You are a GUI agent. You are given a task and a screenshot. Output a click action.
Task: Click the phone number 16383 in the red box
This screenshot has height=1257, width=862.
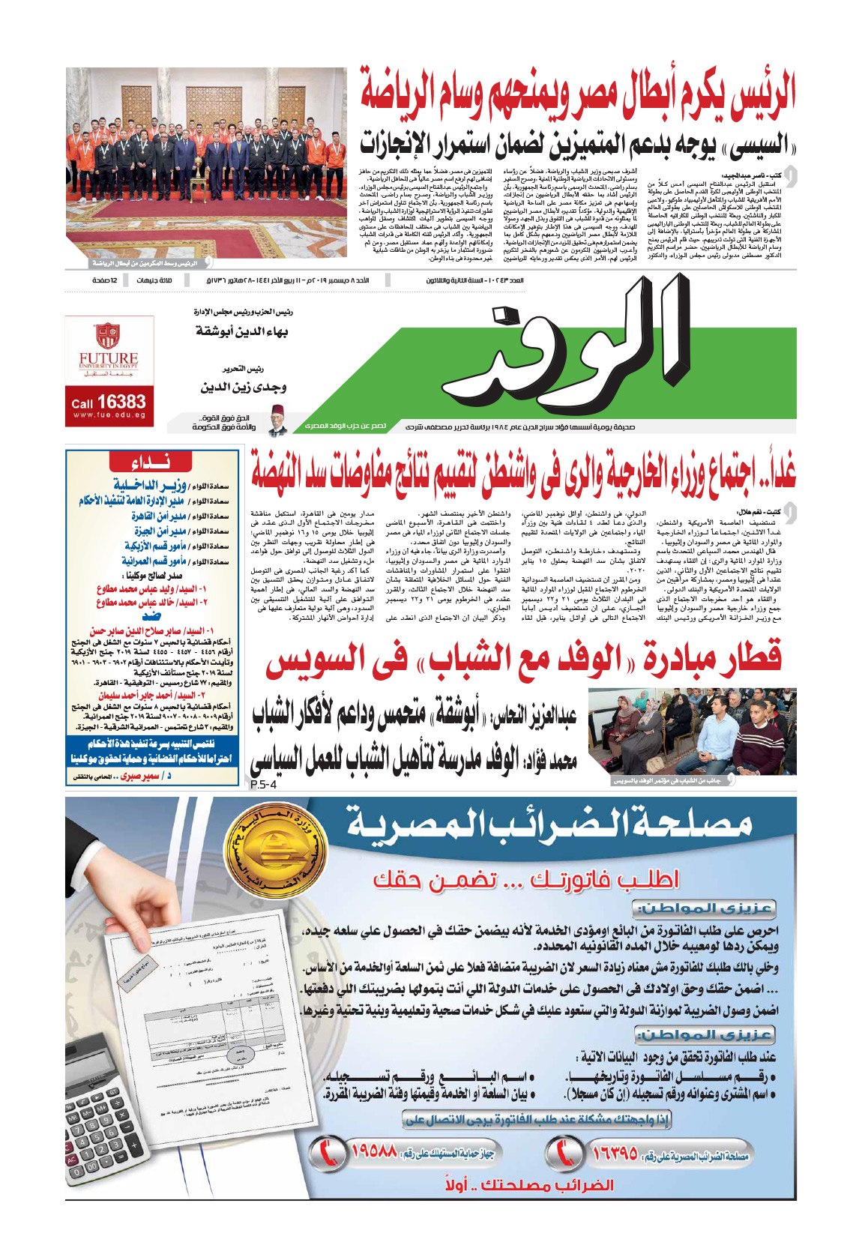tap(109, 403)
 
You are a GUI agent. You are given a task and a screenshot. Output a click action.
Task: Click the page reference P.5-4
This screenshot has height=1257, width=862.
tap(262, 785)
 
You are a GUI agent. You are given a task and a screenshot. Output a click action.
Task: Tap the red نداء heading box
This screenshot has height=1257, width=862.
tap(151, 462)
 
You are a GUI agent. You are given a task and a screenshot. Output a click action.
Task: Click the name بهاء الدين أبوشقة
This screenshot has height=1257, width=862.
tap(242, 331)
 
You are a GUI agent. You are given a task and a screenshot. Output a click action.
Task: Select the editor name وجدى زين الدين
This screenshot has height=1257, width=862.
tap(244, 388)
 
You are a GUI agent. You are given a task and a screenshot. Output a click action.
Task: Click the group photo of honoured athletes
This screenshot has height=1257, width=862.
tap(206, 163)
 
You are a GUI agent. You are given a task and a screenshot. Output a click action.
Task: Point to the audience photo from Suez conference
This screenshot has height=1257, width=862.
tap(693, 731)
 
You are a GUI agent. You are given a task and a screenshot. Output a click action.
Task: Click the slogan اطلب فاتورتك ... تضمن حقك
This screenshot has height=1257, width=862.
tap(525, 878)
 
